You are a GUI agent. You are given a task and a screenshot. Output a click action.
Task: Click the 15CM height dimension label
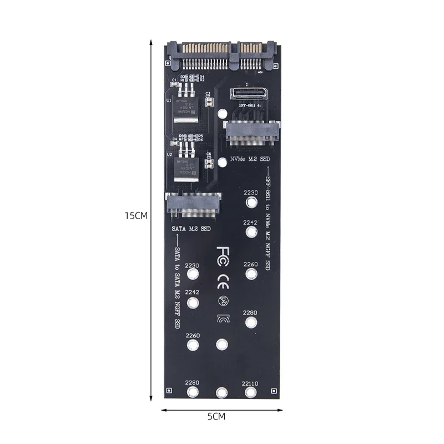135,216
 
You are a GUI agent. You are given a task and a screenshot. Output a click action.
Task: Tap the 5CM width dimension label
216,416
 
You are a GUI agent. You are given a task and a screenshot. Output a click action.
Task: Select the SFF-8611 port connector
245,93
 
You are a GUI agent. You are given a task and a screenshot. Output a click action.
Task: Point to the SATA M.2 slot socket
193,204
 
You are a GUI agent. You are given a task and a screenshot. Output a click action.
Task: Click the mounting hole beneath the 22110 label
251,393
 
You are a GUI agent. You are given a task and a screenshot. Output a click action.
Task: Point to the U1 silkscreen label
169,101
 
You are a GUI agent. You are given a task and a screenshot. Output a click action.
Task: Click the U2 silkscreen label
169,155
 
